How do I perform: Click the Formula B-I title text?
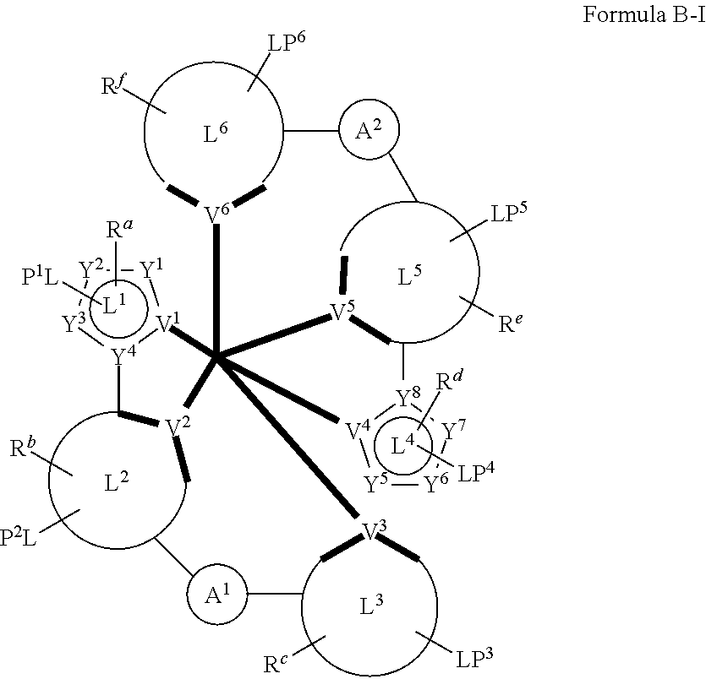pos(644,15)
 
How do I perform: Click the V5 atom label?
pos(342,311)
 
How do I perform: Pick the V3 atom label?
pos(375,530)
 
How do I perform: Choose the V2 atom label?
pos(178,427)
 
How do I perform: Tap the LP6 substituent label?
pos(287,42)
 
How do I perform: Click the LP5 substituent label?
pos(509,213)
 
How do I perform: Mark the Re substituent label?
pos(511,323)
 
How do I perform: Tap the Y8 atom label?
pos(408,397)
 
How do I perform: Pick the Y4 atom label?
pos(123,356)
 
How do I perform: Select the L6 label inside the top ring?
pos(216,133)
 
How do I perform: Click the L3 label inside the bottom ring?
pos(371,606)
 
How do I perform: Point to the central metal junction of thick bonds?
pos(216,358)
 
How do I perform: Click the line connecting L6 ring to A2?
pos(311,131)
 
